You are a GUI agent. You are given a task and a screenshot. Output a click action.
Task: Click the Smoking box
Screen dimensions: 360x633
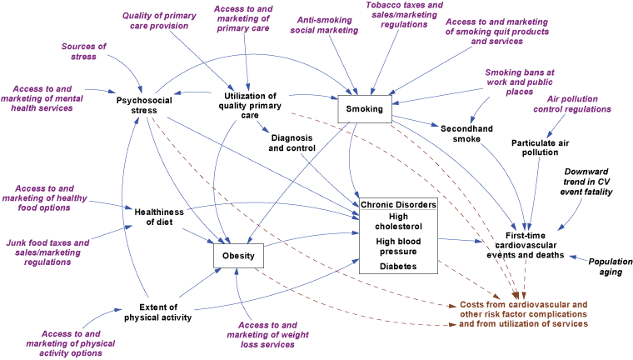point(366,109)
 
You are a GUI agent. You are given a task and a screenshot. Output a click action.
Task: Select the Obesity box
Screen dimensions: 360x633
point(239,255)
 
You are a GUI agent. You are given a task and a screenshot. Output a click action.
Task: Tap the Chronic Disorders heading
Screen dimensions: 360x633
point(397,205)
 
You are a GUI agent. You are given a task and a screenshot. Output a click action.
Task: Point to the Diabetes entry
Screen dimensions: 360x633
point(397,267)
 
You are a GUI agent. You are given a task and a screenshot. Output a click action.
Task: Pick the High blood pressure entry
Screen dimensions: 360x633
point(397,247)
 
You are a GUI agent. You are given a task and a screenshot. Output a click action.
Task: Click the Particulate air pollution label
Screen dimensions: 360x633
point(535,147)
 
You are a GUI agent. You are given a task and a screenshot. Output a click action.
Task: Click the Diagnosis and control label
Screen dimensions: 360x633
point(292,143)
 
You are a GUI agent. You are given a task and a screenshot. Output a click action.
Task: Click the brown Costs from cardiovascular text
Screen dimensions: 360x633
point(524,313)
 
